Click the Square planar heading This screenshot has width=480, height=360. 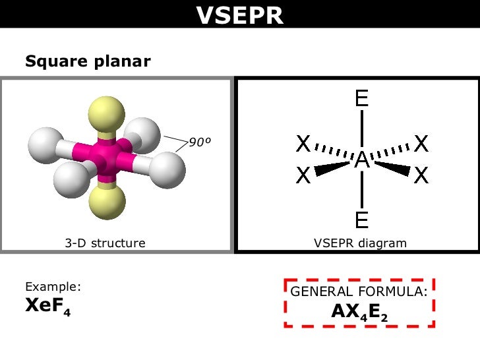pyautogui.click(x=88, y=62)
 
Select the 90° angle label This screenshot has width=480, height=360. pyautogui.click(x=202, y=142)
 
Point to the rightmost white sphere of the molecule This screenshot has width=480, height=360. pyautogui.click(x=167, y=171)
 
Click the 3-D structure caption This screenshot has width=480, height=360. pyautogui.click(x=105, y=243)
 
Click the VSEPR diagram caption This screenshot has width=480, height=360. pyautogui.click(x=360, y=243)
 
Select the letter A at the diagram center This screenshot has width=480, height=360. pyautogui.click(x=361, y=160)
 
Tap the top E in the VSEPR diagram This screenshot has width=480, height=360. pyautogui.click(x=361, y=100)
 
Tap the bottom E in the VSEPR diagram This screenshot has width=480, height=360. pyautogui.click(x=361, y=220)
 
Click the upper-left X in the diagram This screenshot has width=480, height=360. pyautogui.click(x=303, y=143)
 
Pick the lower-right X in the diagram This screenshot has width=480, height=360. pyautogui.click(x=421, y=175)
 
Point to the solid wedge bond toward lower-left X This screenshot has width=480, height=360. pyautogui.click(x=333, y=168)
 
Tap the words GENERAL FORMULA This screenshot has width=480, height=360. pyautogui.click(x=359, y=291)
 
